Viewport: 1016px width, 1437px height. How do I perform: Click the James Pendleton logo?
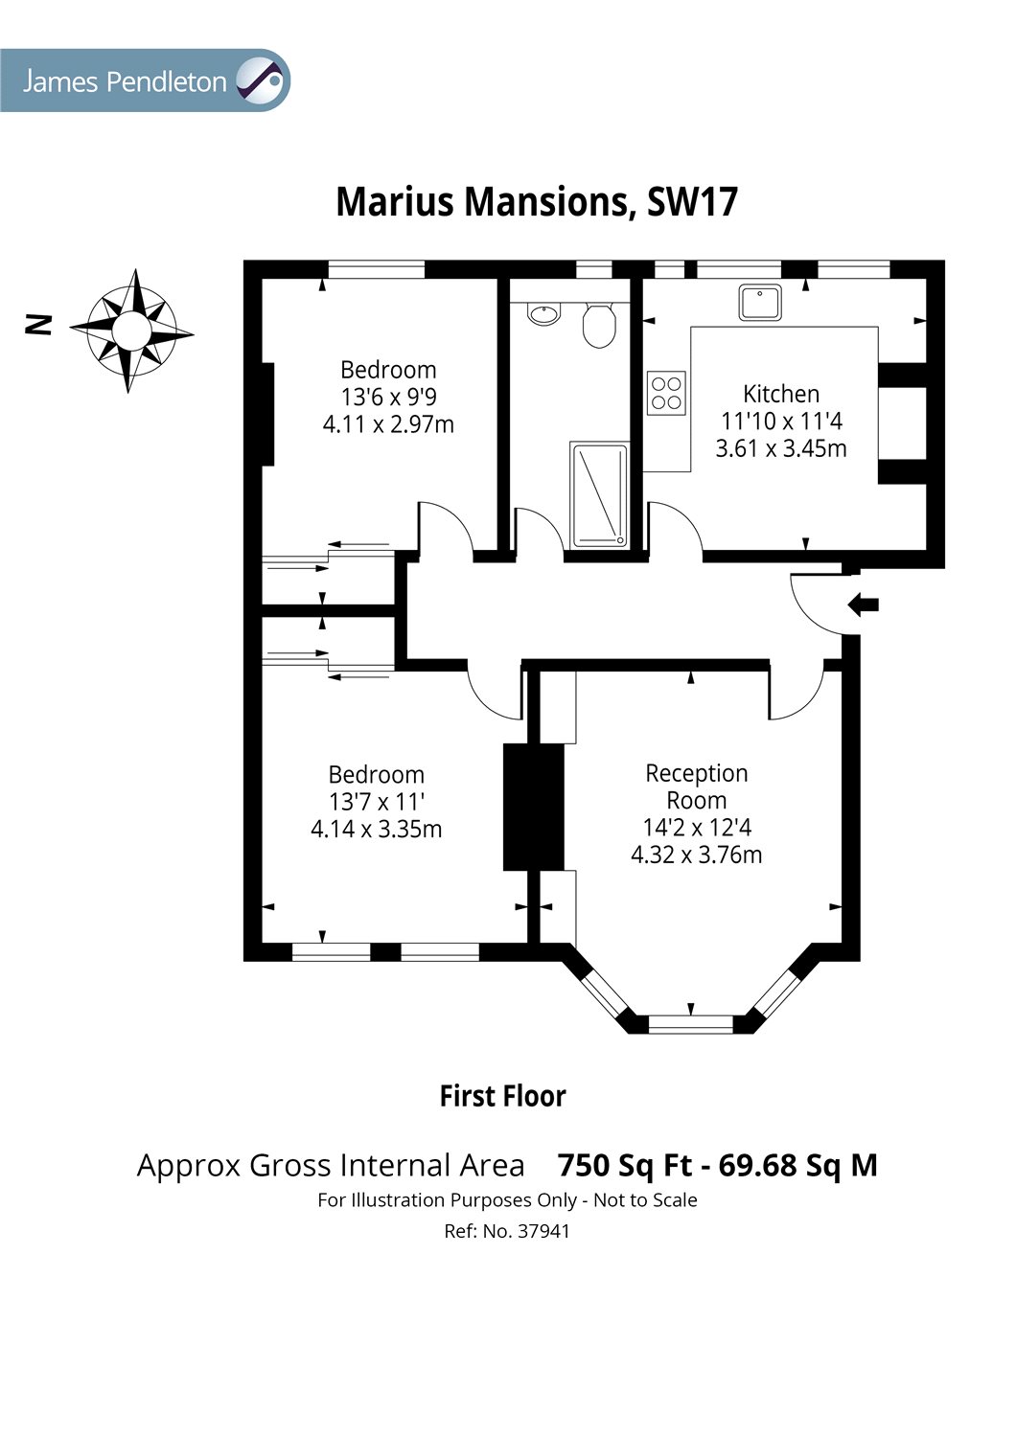click(145, 80)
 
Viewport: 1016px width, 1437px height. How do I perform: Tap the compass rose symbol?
click(131, 331)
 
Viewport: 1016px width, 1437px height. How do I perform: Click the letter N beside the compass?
click(37, 325)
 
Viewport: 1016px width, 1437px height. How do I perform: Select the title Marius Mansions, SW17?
click(537, 202)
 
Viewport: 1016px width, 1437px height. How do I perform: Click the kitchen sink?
click(760, 302)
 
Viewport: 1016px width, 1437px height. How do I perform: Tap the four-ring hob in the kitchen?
click(666, 393)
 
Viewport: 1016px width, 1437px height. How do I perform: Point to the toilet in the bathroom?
click(599, 326)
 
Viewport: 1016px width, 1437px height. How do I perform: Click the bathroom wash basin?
click(544, 313)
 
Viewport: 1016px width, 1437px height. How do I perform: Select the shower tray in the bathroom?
click(599, 494)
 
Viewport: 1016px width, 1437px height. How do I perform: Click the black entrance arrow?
click(864, 604)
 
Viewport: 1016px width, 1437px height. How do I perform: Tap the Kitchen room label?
click(781, 393)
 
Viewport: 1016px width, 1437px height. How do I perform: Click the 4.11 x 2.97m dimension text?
click(388, 424)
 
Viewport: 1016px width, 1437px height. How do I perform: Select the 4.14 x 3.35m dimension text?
click(376, 830)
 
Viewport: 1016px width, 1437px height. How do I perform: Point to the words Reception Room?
click(697, 787)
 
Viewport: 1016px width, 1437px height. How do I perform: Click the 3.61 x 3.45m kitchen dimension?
click(781, 448)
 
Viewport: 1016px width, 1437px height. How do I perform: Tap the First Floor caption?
click(502, 1096)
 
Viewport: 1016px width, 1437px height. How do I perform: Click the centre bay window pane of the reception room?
click(691, 1024)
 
